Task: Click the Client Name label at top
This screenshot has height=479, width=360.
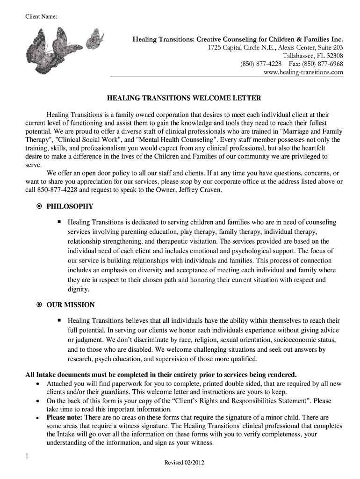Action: [x=41, y=17]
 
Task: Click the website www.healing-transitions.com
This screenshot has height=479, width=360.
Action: [x=303, y=72]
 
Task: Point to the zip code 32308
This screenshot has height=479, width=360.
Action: [x=332, y=55]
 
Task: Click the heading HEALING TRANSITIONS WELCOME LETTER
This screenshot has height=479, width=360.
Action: [x=184, y=98]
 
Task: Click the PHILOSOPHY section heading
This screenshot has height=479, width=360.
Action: [x=70, y=206]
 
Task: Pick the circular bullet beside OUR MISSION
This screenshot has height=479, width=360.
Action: [x=39, y=305]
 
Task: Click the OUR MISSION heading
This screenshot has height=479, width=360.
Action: [x=71, y=305]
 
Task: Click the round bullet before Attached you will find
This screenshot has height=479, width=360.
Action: [x=38, y=384]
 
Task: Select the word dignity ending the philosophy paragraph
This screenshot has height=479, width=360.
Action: [x=78, y=290]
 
